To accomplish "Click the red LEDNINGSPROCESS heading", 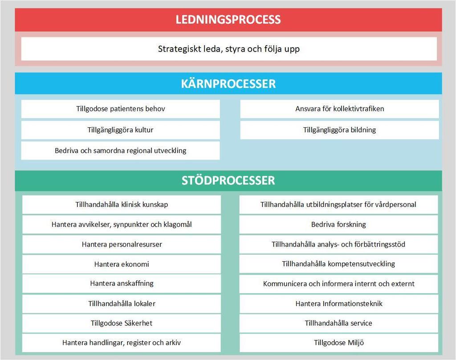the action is pyautogui.click(x=228, y=20).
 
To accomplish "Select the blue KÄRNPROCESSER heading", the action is pyautogui.click(x=228, y=84).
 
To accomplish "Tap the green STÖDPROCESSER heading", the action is pyautogui.click(x=228, y=180).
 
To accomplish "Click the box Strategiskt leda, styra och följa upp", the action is pyautogui.click(x=229, y=49).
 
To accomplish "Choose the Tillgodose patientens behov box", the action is pyautogui.click(x=120, y=109).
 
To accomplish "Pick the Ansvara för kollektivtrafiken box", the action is pyautogui.click(x=339, y=109).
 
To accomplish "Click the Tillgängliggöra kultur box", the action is pyautogui.click(x=120, y=130).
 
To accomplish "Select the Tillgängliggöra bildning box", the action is pyautogui.click(x=339, y=130).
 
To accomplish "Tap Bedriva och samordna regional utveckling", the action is pyautogui.click(x=120, y=150).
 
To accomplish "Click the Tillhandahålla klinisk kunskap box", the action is pyautogui.click(x=122, y=205).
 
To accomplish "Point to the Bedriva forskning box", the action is pyautogui.click(x=338, y=225).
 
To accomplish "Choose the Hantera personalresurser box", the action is pyautogui.click(x=122, y=244).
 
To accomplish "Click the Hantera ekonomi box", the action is pyautogui.click(x=122, y=264).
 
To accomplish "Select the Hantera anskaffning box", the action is pyautogui.click(x=122, y=283).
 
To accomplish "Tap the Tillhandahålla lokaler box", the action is pyautogui.click(x=122, y=303).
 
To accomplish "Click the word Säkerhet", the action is pyautogui.click(x=138, y=323).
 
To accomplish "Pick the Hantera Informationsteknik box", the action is pyautogui.click(x=338, y=303).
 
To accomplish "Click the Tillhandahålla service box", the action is pyautogui.click(x=338, y=323).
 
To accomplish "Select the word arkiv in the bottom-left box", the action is pyautogui.click(x=173, y=343).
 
